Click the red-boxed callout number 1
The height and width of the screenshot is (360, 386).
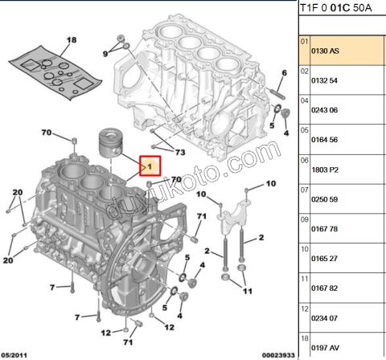pyautogui.click(x=148, y=166)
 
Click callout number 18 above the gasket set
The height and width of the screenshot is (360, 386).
pyautogui.click(x=71, y=39)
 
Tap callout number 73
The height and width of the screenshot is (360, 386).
pyautogui.click(x=179, y=152)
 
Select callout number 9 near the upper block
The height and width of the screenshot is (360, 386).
pyautogui.click(x=105, y=53)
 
